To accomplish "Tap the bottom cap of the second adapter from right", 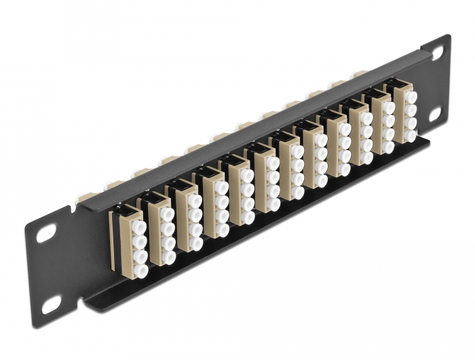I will click(389, 146).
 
